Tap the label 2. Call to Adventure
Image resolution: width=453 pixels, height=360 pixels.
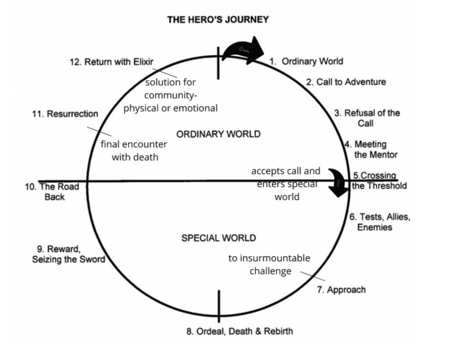pos(346,82)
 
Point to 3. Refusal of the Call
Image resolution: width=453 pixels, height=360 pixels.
pos(367,118)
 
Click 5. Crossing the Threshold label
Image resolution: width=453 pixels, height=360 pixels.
pos(379,181)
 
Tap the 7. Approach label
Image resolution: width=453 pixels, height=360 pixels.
pos(341,290)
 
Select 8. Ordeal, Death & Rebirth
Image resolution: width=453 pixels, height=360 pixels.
pos(240,331)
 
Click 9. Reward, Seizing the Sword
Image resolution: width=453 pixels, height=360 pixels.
pos(69,254)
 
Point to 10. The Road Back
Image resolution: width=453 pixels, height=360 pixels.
pos(52,192)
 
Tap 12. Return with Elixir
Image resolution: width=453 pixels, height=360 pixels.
pos(112,62)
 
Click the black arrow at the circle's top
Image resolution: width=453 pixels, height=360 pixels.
pos(243,52)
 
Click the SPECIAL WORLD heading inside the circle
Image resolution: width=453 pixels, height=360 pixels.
pos(219,238)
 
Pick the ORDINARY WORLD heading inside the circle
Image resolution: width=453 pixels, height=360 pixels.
pos(219,134)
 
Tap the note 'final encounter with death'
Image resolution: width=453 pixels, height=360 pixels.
pos(135,150)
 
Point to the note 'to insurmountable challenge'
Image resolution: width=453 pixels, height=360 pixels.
pos(270,265)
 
